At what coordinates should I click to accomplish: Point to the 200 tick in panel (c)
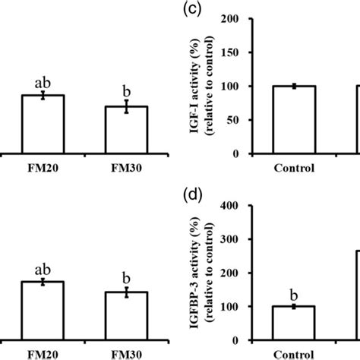click(244, 19)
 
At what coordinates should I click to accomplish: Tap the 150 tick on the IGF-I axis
click(244, 52)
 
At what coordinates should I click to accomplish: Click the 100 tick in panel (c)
click(244, 87)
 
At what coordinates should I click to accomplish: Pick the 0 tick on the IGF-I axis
click(249, 153)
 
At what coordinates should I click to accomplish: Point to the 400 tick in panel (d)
click(244, 205)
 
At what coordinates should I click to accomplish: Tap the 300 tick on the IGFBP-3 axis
click(244, 239)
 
